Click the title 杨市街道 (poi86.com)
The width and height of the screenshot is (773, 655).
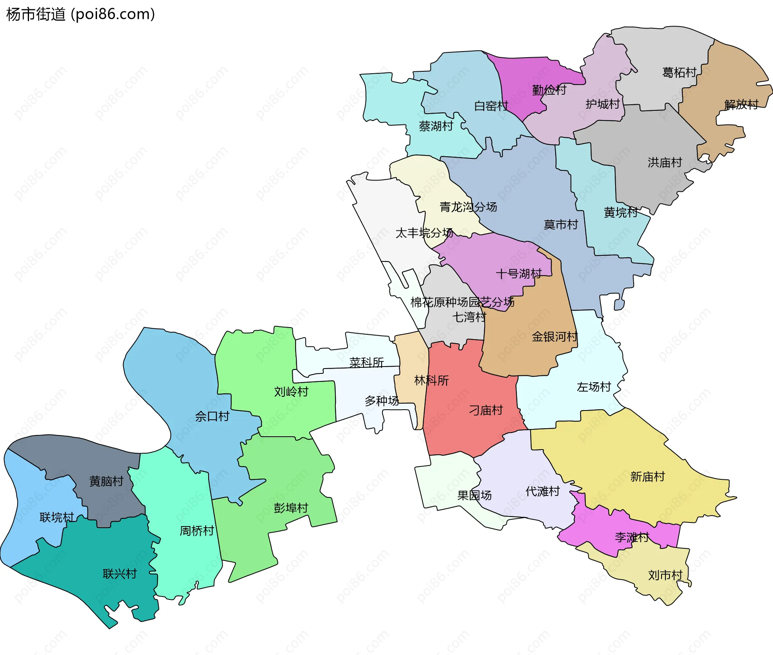click(81, 15)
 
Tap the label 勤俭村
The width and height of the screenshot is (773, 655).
click(549, 90)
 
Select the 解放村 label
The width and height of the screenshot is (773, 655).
click(741, 105)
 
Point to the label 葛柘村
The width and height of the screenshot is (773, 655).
click(679, 73)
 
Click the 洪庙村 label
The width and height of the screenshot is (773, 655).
click(665, 162)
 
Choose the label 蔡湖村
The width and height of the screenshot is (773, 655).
click(436, 126)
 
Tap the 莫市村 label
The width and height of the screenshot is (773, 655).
click(560, 224)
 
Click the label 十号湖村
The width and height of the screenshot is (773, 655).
click(519, 274)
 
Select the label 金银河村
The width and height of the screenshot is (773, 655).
click(554, 336)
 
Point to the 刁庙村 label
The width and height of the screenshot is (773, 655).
click(486, 410)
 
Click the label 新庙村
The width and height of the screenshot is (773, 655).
click(647, 477)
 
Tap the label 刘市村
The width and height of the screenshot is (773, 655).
click(665, 575)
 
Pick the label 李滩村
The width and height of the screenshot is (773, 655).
click(632, 537)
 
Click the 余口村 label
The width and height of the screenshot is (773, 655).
click(212, 416)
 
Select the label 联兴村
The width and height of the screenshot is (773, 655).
click(120, 574)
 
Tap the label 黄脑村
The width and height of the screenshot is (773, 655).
click(106, 481)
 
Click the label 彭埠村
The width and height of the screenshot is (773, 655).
click(291, 508)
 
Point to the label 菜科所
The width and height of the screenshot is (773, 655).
click(366, 363)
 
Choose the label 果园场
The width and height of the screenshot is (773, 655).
click(474, 495)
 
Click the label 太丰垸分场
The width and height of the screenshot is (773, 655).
click(424, 233)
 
